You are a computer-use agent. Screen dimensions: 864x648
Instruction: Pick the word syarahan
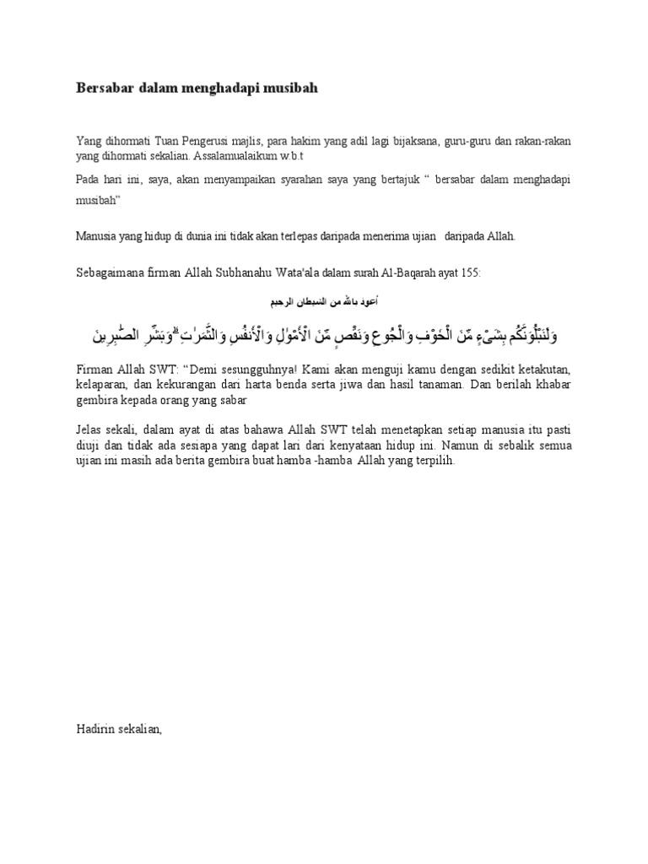click(300, 181)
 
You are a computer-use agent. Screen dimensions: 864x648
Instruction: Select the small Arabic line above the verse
click(323, 300)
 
